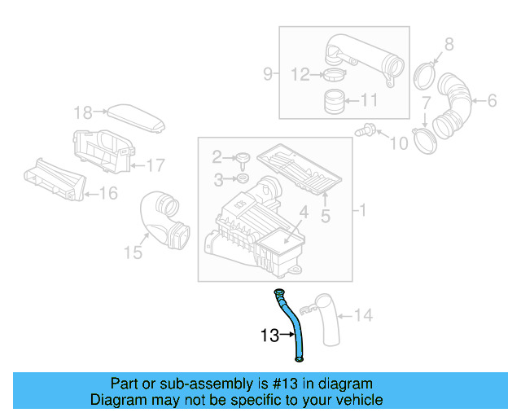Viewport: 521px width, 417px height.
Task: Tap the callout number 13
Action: pos(269,335)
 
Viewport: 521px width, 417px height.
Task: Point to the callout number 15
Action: pos(133,253)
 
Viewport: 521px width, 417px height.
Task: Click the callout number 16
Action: pos(108,193)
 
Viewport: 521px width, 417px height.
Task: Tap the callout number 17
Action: pos(155,165)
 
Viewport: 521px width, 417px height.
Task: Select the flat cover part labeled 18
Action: pos(137,116)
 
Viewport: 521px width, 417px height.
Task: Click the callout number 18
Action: pos(84,112)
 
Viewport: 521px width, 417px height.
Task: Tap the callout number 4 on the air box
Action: pos(302,213)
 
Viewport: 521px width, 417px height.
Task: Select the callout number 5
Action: pos(325,216)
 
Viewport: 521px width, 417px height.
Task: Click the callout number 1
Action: pos(363,211)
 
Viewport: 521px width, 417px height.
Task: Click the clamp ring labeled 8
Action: pos(424,75)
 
